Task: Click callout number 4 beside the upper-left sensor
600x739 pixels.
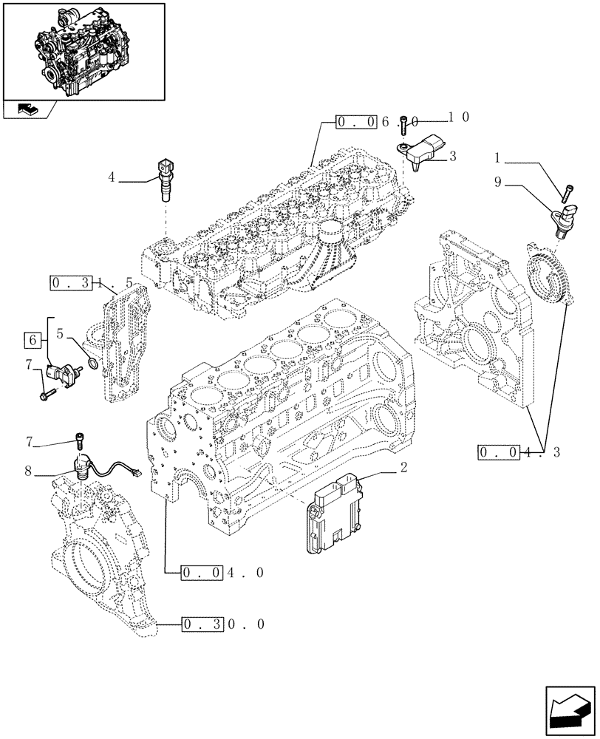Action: pos(111,178)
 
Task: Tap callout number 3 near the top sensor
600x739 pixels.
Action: pos(452,156)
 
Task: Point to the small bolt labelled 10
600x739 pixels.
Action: pos(404,123)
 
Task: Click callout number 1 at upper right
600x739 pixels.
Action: pos(498,157)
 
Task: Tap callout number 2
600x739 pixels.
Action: pos(404,466)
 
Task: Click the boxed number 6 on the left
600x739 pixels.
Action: pos(33,340)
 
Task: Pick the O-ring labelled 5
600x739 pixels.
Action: pos(92,364)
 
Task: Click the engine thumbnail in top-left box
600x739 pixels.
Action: pos(82,50)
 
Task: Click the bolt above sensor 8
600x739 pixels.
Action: pos(79,441)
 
